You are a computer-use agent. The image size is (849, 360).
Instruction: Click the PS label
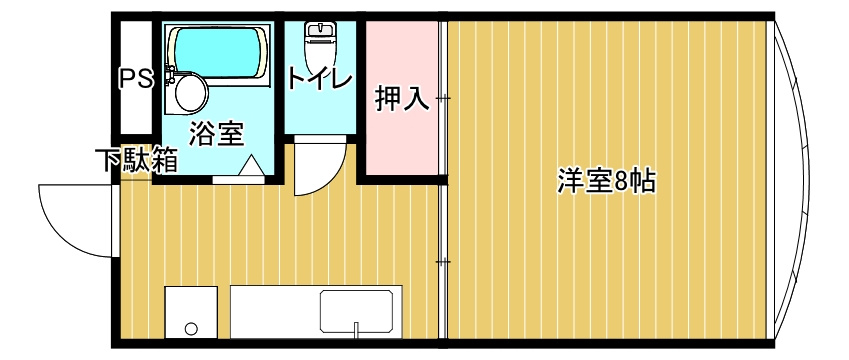137,78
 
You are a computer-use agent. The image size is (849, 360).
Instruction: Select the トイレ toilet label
320,78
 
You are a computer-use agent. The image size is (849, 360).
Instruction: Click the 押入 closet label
402,99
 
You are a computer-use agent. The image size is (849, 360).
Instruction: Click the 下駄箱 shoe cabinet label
137,160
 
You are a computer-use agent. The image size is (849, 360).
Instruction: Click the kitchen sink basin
360,310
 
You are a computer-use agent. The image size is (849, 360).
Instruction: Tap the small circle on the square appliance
190,328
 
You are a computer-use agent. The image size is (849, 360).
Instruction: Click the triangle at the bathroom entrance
250,166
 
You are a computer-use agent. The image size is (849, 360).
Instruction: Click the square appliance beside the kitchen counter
190,312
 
